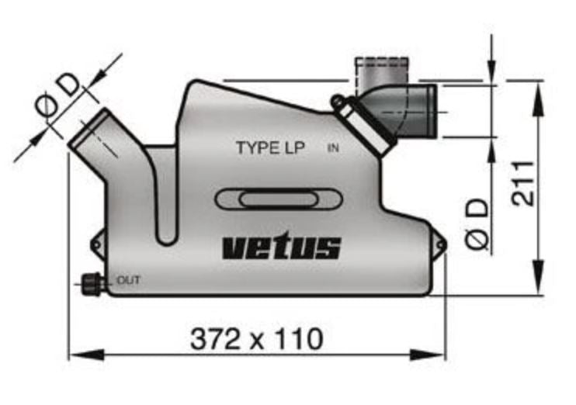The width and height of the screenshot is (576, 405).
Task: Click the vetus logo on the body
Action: coord(282,247)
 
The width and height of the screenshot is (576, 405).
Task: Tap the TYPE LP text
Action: coord(269,148)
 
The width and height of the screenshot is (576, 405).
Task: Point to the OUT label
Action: coord(128,280)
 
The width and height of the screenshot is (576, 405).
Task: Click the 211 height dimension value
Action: coord(526,183)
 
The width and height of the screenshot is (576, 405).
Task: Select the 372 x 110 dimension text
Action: coord(256,338)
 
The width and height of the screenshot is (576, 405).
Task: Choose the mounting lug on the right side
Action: coord(442,245)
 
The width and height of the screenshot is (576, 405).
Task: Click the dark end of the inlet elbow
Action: coord(425,109)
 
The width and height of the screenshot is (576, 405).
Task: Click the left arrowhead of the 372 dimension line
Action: coord(75,355)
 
